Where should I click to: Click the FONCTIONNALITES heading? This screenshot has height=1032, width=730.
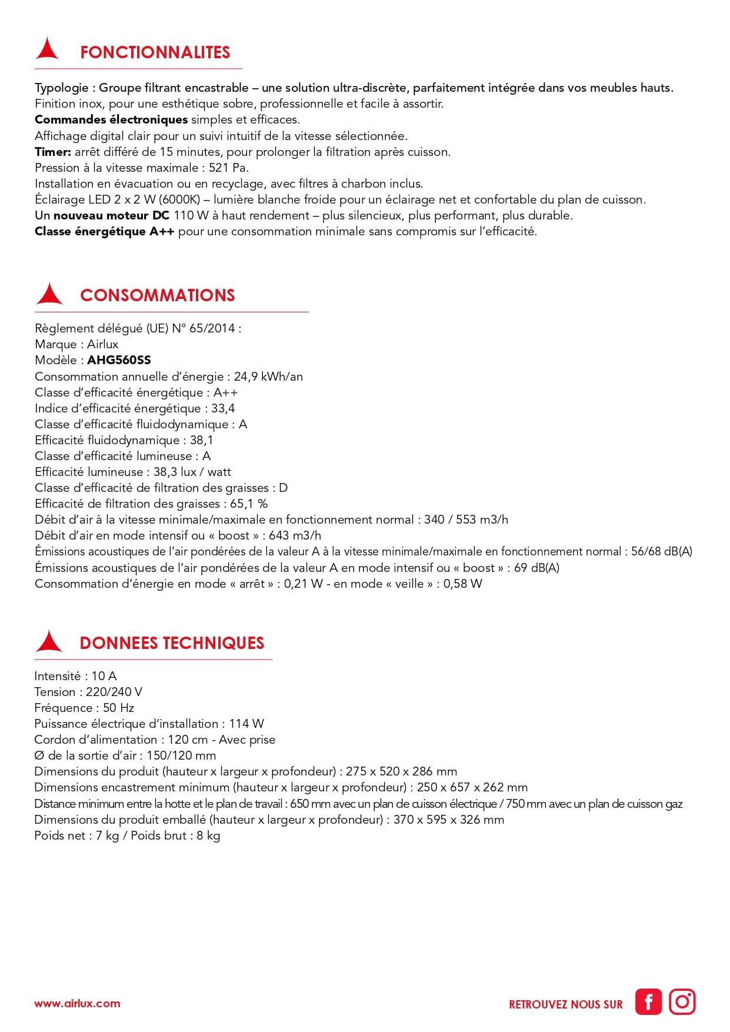click(x=155, y=52)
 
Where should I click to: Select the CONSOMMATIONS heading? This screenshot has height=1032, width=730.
click(x=157, y=295)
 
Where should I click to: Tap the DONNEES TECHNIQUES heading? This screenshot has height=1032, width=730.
click(x=172, y=643)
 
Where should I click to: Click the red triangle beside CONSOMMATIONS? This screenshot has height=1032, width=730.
click(x=49, y=294)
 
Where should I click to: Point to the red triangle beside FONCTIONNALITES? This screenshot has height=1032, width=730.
click(x=47, y=49)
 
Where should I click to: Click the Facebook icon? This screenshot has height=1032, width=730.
click(x=648, y=1001)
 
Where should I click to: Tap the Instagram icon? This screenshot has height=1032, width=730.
click(x=682, y=1001)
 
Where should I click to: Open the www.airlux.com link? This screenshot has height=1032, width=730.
click(x=77, y=1003)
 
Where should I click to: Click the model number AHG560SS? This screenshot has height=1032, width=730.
click(x=119, y=360)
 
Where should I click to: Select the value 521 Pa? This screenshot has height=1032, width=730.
click(x=228, y=168)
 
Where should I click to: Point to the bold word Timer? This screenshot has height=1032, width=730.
click(x=53, y=152)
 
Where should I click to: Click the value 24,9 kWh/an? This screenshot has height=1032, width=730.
click(x=268, y=377)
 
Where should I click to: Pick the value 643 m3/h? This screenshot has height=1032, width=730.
click(x=295, y=535)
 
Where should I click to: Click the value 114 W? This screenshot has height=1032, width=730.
click(x=246, y=724)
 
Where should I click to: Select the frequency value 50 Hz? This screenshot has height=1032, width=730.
click(x=118, y=708)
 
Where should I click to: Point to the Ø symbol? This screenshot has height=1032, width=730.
click(x=39, y=755)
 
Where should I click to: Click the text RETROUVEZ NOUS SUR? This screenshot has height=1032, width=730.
click(x=565, y=1004)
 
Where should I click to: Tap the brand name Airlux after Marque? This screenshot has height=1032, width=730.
click(x=102, y=344)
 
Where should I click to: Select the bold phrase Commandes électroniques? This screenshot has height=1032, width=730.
click(x=111, y=119)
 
